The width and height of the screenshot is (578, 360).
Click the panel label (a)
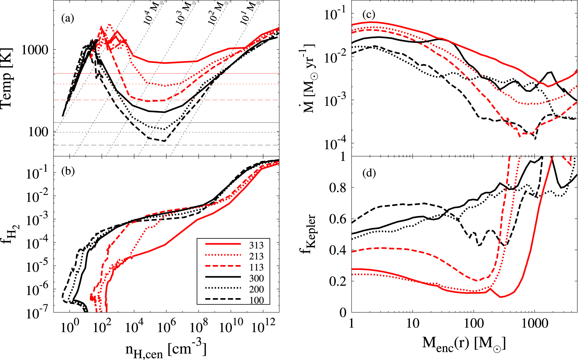tap(67, 19)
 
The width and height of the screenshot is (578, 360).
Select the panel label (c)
tap(369, 14)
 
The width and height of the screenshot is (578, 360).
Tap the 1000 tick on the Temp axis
tap(35, 50)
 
